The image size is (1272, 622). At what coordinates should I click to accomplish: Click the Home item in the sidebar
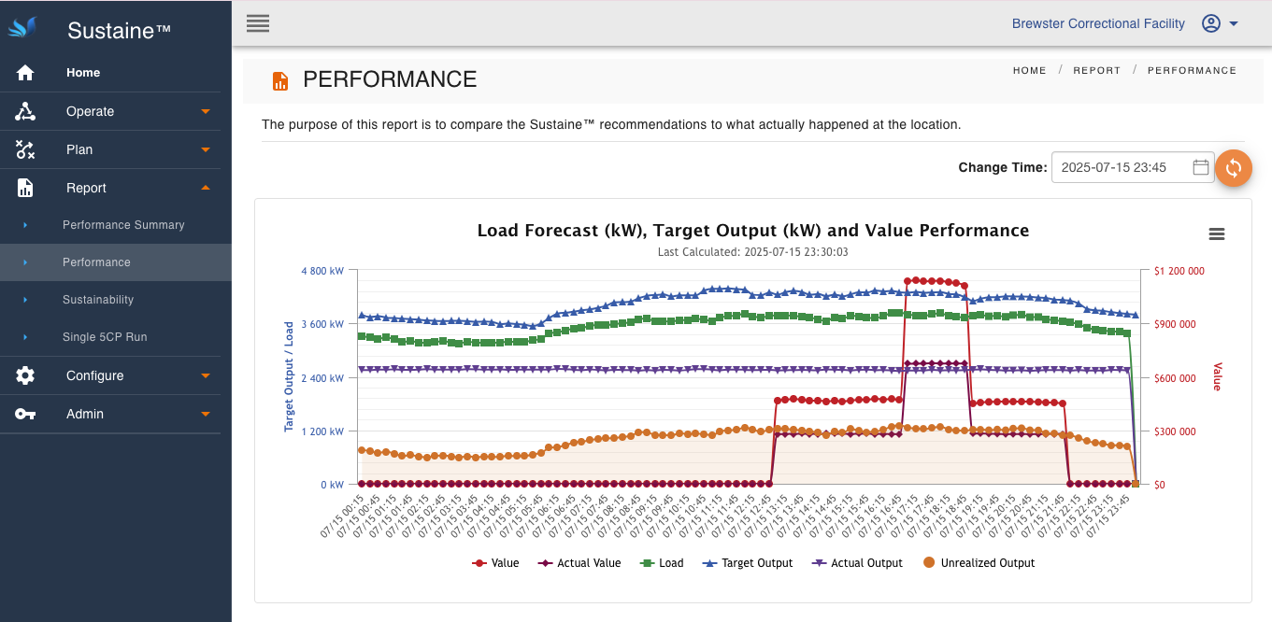click(x=83, y=73)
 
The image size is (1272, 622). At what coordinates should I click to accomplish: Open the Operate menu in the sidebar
click(x=90, y=111)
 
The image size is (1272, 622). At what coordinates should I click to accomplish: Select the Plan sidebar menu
click(x=79, y=149)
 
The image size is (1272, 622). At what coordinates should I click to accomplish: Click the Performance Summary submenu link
click(x=123, y=225)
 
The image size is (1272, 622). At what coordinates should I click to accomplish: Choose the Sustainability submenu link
click(x=98, y=300)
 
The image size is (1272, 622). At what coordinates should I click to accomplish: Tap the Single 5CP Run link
click(x=105, y=337)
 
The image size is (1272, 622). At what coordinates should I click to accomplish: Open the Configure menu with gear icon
click(x=94, y=375)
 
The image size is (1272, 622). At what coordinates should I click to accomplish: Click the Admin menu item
click(x=85, y=414)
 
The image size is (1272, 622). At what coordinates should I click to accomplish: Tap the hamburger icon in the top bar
click(x=258, y=23)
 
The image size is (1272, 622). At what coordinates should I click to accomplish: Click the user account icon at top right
click(x=1211, y=24)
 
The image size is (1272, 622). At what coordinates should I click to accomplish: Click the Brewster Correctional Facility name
click(x=1098, y=24)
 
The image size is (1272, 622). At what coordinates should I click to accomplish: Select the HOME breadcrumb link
click(x=1029, y=71)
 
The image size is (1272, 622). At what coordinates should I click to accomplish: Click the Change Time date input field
click(x=1122, y=168)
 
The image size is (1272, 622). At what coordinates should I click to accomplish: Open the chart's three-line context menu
click(x=1217, y=234)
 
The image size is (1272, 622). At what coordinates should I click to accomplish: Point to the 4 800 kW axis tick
click(x=322, y=271)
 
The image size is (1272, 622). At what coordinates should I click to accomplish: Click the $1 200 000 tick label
click(x=1179, y=271)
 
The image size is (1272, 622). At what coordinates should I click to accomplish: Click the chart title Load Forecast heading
click(x=752, y=231)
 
